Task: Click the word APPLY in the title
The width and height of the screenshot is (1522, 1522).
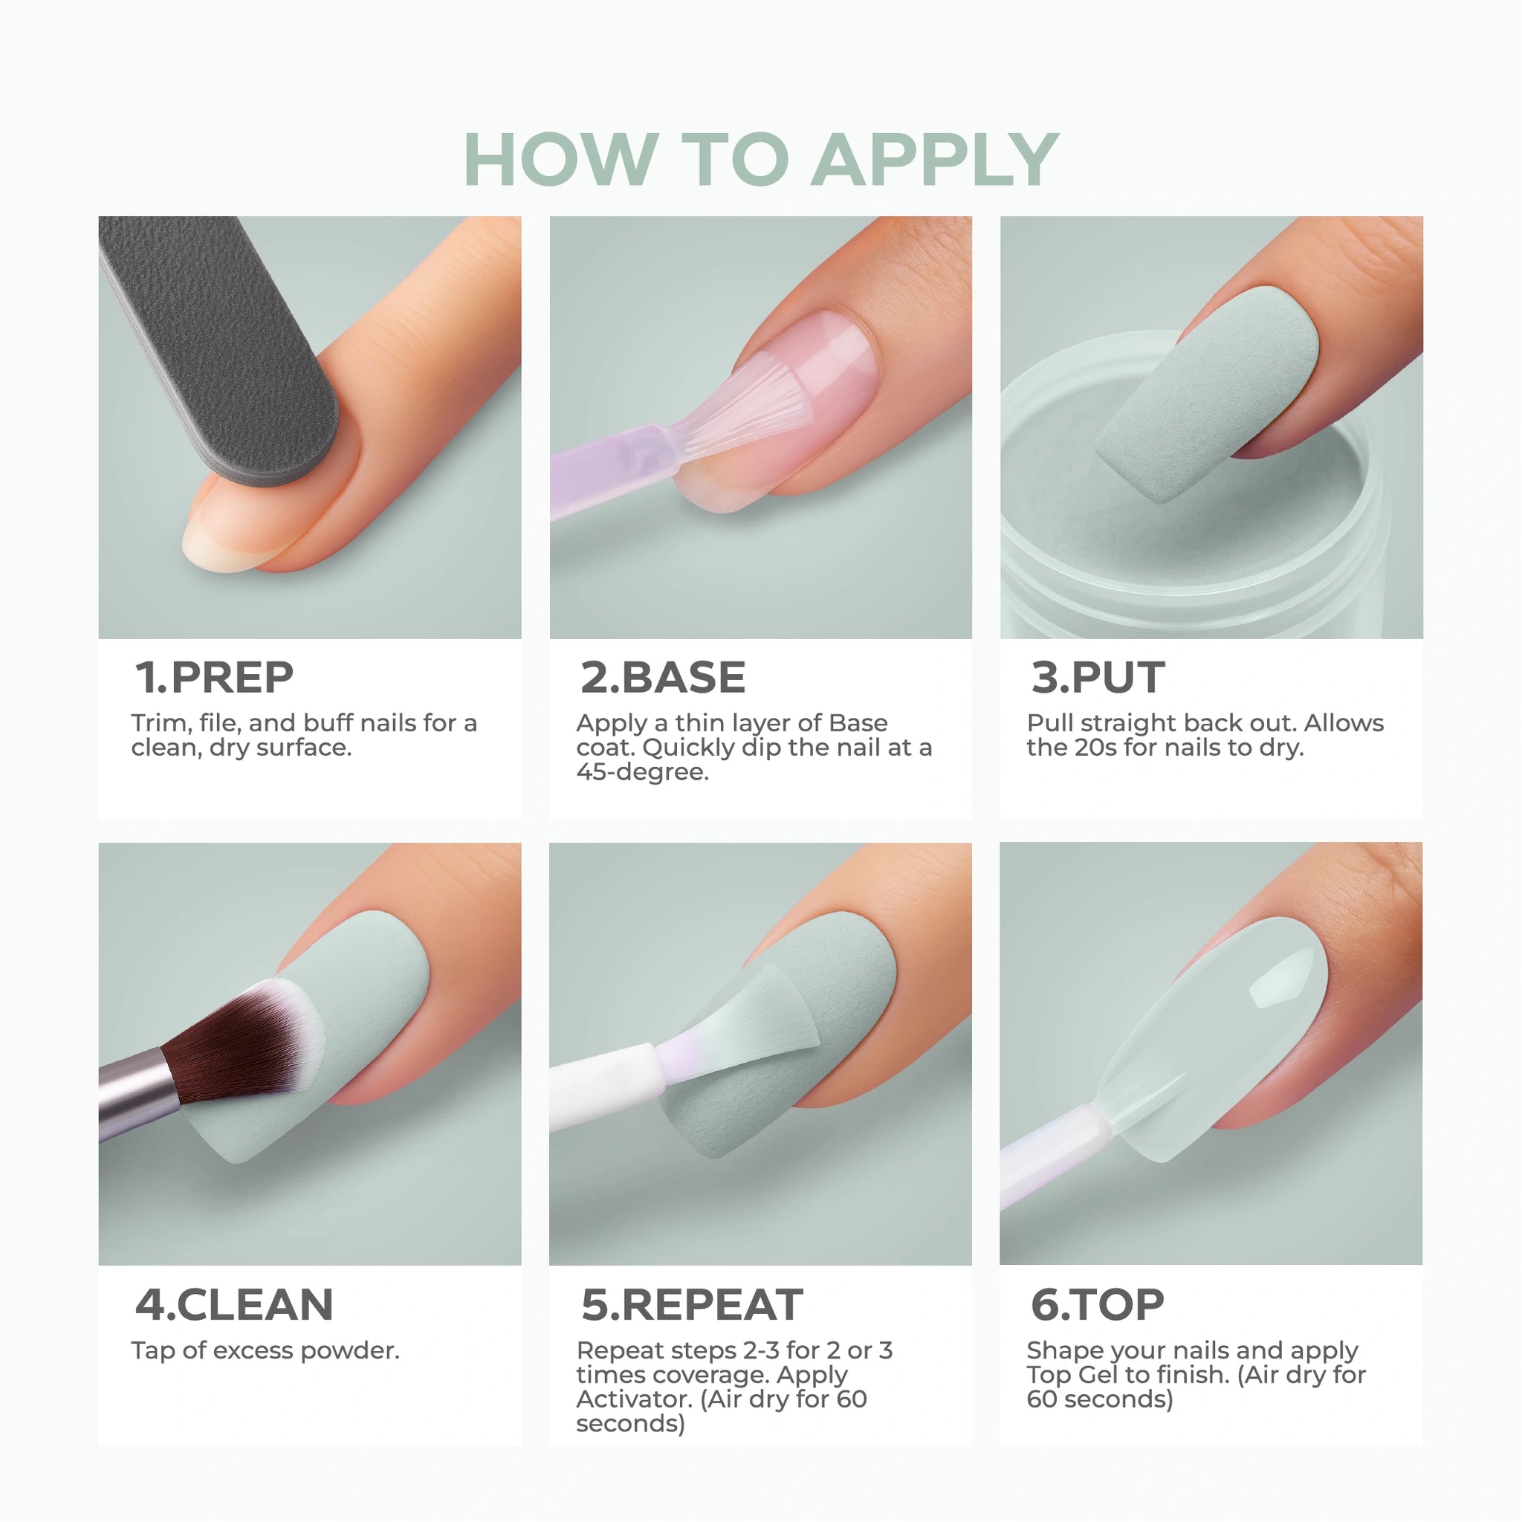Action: click(x=935, y=161)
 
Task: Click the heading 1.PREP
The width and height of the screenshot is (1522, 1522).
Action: click(x=214, y=678)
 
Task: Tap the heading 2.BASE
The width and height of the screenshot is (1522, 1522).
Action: click(x=662, y=678)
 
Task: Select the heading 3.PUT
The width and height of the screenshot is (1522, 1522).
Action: click(x=1098, y=678)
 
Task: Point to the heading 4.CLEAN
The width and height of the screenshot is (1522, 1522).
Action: click(x=234, y=1304)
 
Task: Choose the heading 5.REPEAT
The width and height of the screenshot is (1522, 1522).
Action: click(x=692, y=1304)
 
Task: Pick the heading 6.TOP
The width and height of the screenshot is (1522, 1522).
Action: click(x=1098, y=1304)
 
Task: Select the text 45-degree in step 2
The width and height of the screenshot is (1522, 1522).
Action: click(x=642, y=772)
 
